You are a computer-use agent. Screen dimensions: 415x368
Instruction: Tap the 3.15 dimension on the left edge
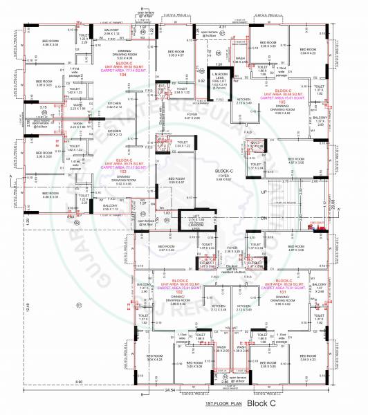[x=24, y=107]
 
